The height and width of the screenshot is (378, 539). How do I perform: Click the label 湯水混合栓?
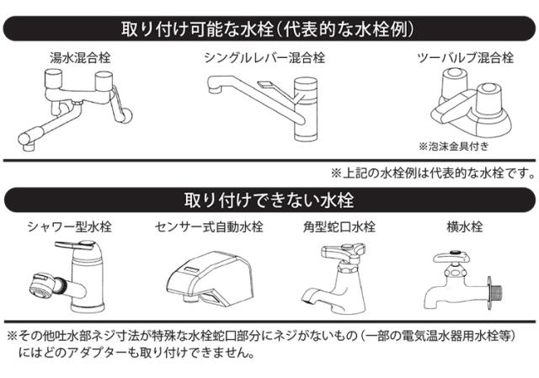[81, 58]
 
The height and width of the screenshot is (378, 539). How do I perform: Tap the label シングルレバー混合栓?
[264, 58]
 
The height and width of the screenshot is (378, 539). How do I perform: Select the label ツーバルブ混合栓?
[466, 58]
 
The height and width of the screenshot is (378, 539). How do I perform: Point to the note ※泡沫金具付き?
[454, 146]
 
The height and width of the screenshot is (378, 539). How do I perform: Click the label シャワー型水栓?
[69, 226]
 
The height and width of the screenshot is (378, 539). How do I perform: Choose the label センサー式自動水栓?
[209, 226]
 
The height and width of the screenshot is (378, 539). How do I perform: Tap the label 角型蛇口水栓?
[339, 226]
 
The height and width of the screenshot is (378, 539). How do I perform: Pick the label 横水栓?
[465, 226]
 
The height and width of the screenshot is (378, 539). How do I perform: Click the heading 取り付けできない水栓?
[269, 200]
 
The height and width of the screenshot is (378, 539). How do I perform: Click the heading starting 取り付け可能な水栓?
[268, 29]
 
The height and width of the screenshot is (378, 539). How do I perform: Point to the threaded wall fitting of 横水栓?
[494, 293]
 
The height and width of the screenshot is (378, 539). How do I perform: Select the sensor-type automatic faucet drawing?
[210, 279]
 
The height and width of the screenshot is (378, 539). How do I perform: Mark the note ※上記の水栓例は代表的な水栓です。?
[432, 173]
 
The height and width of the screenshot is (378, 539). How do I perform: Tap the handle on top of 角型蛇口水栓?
[343, 251]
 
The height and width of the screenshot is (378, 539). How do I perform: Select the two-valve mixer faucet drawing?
[472, 103]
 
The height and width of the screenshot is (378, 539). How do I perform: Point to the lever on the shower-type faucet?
[75, 245]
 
